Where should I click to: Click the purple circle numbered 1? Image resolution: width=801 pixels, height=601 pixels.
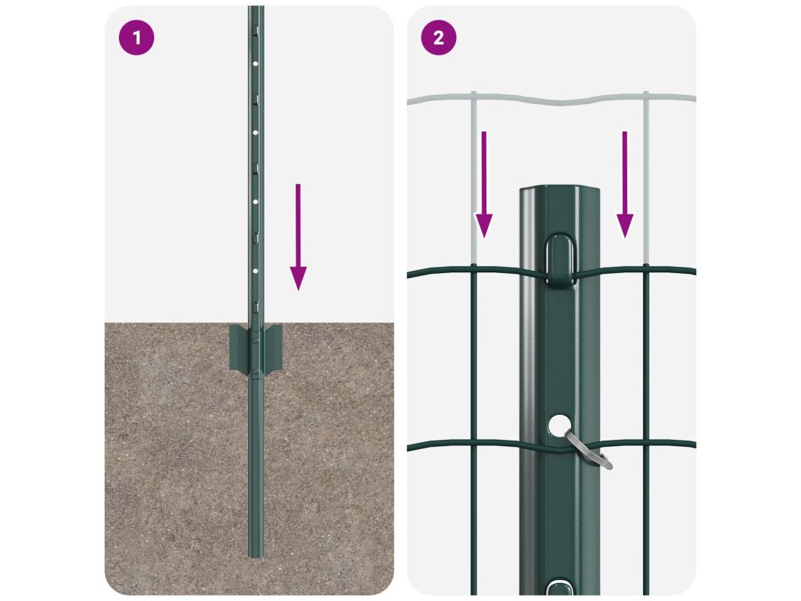coord(136,38)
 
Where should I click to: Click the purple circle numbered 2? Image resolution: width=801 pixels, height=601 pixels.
coord(438,38)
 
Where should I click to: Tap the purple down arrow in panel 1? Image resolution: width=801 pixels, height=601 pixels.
coord(298,237)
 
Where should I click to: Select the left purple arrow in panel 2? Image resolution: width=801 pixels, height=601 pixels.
coord(483,185)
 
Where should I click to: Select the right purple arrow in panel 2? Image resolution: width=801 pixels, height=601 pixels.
coord(625,185)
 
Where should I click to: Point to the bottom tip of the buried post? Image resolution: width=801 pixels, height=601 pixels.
coord(256,556)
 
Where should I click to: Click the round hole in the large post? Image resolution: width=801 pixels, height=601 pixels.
coord(560,425)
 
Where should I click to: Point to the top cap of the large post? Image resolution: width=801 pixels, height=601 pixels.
coord(560,191)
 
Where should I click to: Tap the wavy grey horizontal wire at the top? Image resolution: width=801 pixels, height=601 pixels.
coord(551,99)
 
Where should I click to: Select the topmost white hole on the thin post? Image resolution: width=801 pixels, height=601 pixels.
coord(256,64)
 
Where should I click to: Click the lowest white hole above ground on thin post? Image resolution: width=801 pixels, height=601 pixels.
coord(256,271)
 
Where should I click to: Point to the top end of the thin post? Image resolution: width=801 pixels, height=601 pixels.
coord(256,7)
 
